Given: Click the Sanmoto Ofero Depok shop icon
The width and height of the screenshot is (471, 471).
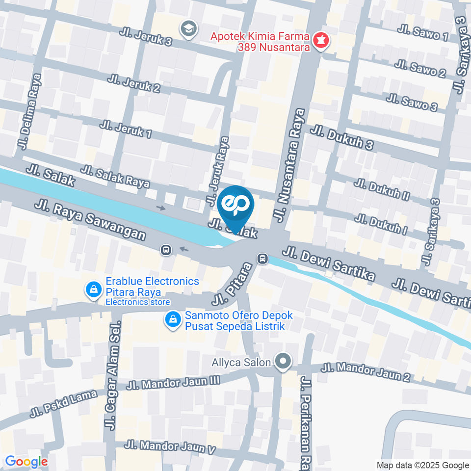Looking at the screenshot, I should coord(172,319).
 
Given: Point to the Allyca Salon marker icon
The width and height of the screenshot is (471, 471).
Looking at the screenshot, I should coord(283,363).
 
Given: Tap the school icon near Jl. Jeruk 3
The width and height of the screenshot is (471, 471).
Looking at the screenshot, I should coord(187,29).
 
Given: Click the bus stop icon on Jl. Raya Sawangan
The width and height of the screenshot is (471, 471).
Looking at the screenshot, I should coord(166,250).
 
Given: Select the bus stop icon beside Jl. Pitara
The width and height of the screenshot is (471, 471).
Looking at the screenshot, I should coord(263,258).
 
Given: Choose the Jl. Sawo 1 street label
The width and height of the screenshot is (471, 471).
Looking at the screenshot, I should coord(422,33).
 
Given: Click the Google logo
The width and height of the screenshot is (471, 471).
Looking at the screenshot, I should coord(26,462).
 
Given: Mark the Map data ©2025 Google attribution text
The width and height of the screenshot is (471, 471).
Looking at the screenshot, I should coord(423,465).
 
